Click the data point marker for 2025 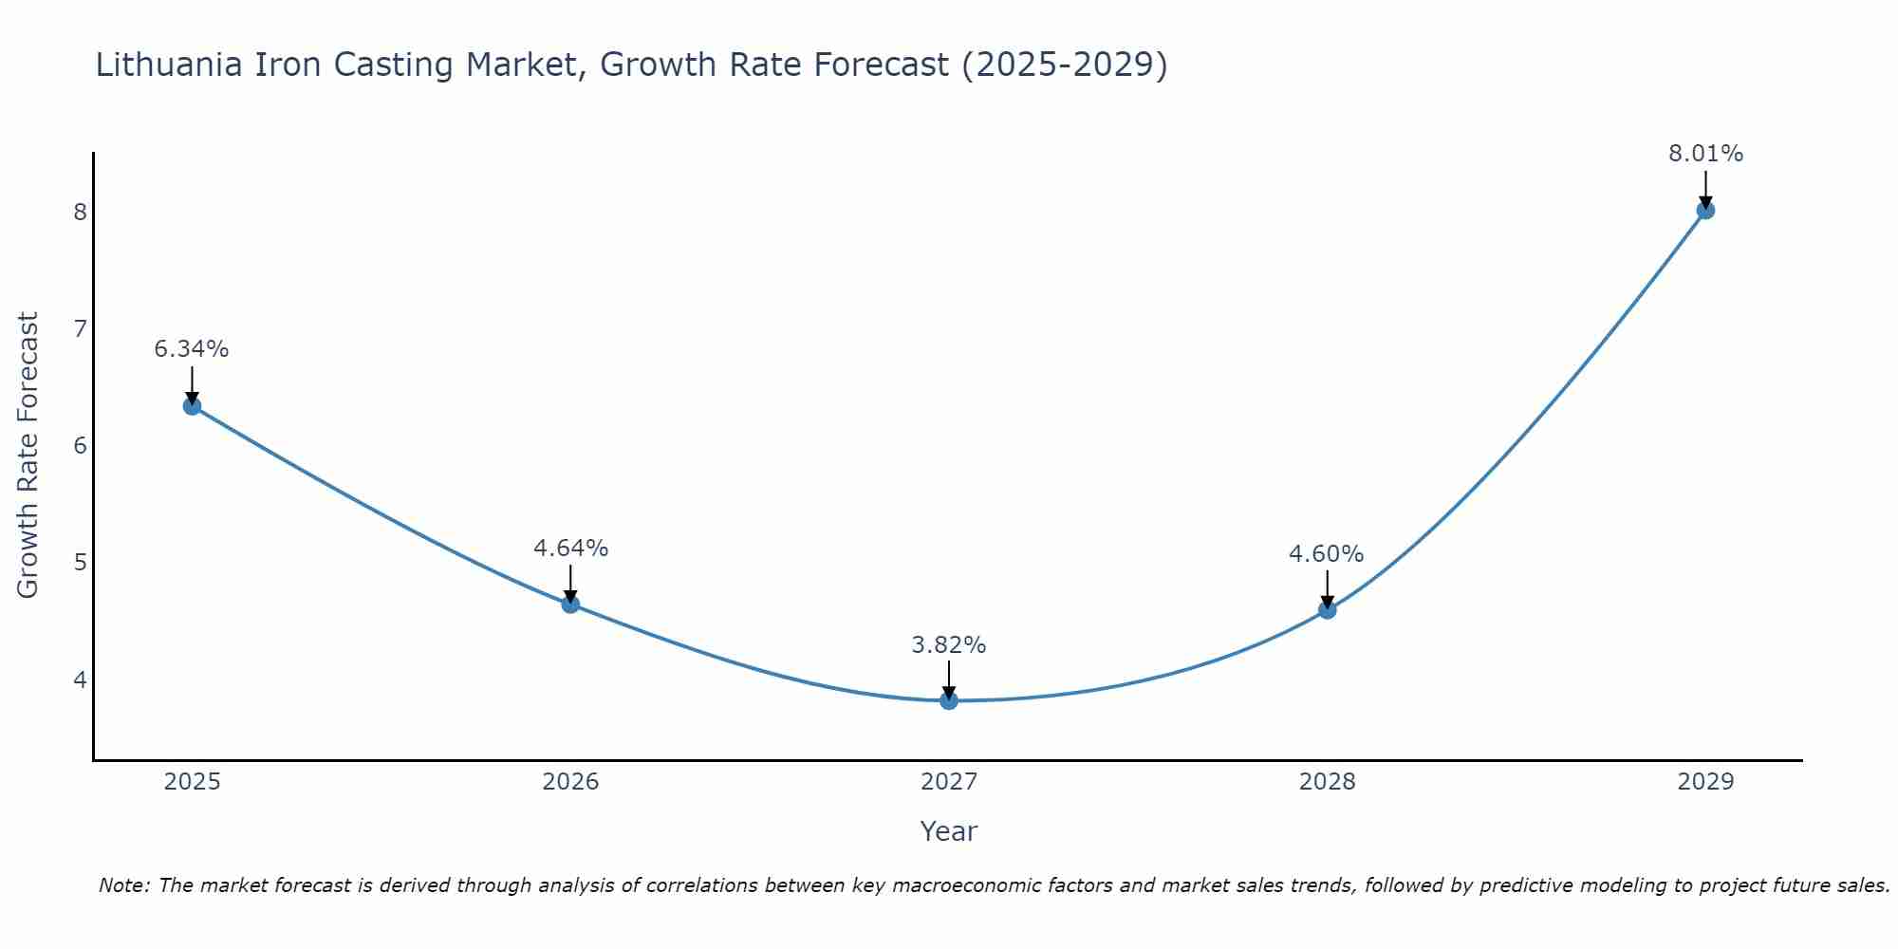[192, 406]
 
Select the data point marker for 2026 [570, 604]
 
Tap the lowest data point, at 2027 [949, 700]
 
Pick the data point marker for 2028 [1327, 609]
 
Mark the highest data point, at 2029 [1705, 210]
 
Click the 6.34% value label [192, 349]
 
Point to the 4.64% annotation [570, 549]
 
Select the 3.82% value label [949, 645]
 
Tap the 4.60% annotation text [1327, 554]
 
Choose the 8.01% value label [1705, 154]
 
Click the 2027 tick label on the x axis [949, 782]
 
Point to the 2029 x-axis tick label [1705, 782]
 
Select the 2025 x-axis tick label [192, 782]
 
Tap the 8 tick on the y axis [81, 212]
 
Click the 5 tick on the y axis [81, 562]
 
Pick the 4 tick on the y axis [81, 679]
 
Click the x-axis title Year [949, 831]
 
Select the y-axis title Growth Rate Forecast [28, 456]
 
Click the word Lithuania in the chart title [169, 65]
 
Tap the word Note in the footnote [123, 885]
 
